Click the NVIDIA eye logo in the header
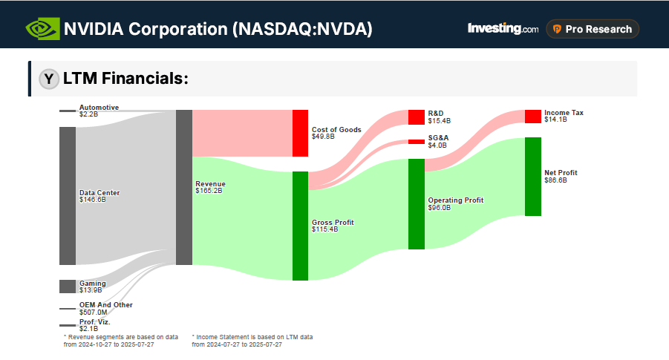click(x=42, y=29)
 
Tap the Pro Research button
click(x=592, y=29)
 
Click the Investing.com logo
click(x=503, y=29)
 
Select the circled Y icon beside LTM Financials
click(x=49, y=79)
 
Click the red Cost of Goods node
click(x=300, y=133)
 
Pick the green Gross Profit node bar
click(x=300, y=226)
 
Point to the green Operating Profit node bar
click(x=417, y=203)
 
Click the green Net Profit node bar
click(x=533, y=176)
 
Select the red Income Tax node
click(x=533, y=117)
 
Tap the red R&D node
click(x=417, y=117)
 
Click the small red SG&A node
click(x=417, y=142)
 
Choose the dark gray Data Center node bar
click(x=68, y=195)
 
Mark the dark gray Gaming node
click(x=68, y=287)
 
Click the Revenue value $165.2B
click(x=209, y=191)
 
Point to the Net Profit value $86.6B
click(x=556, y=180)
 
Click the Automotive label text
click(x=99, y=108)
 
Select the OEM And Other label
click(x=106, y=304)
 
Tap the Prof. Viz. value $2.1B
click(x=89, y=328)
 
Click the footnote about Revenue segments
click(x=121, y=340)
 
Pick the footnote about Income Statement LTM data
click(x=252, y=340)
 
